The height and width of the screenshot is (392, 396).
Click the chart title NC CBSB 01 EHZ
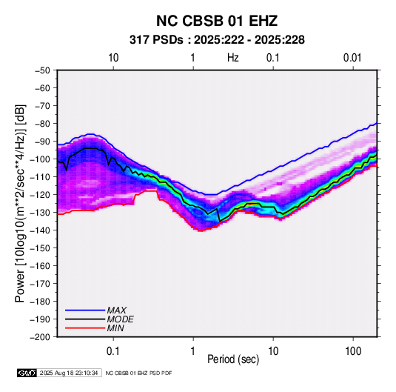[217, 21]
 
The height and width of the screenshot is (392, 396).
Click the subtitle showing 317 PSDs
[217, 40]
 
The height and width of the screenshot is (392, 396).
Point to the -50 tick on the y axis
[42, 70]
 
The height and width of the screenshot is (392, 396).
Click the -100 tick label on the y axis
[40, 159]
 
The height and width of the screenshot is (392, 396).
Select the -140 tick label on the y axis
[40, 230]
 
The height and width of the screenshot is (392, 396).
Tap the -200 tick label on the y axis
[40, 337]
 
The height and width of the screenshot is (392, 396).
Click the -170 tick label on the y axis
[40, 284]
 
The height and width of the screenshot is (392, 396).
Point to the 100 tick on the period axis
[353, 351]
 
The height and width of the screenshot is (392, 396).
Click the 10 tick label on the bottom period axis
[273, 351]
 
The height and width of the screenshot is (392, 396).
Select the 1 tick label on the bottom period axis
[193, 351]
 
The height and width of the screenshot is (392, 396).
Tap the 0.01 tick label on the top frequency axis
[352, 58]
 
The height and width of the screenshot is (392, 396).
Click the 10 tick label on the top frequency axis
[113, 58]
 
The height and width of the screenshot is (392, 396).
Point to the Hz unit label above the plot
[233, 58]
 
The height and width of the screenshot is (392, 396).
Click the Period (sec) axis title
[233, 359]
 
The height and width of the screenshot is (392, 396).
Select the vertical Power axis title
[20, 204]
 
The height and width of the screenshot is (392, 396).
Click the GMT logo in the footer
[27, 373]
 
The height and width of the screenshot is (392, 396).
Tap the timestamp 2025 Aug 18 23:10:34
[69, 373]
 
